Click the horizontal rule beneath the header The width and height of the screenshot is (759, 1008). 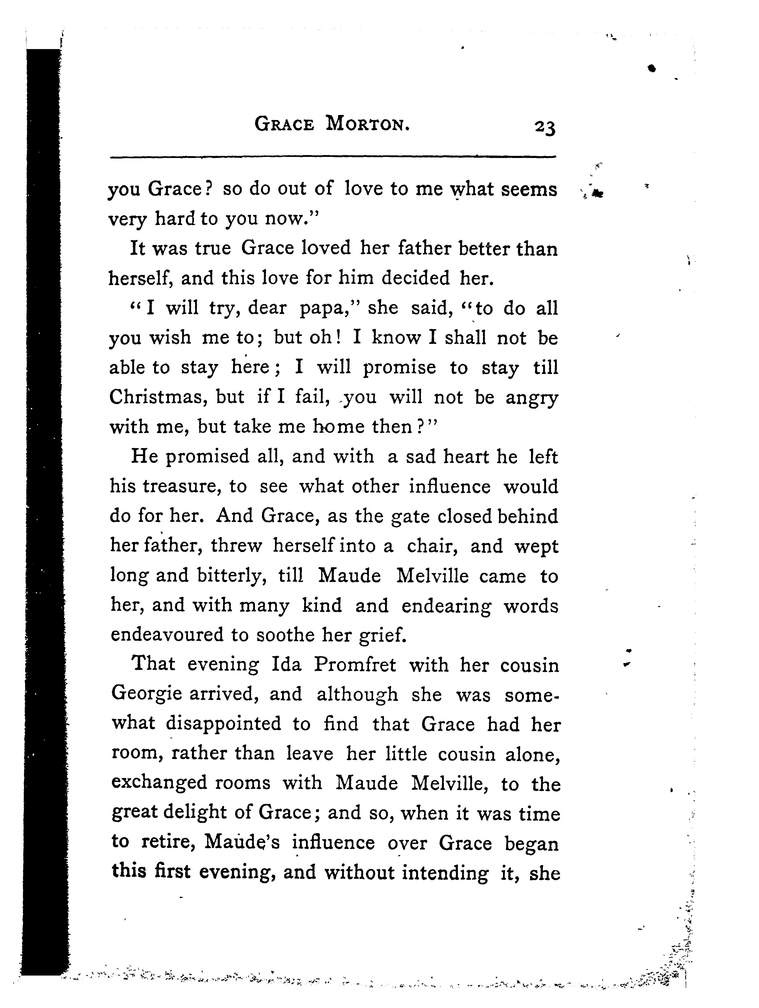(x=333, y=158)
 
